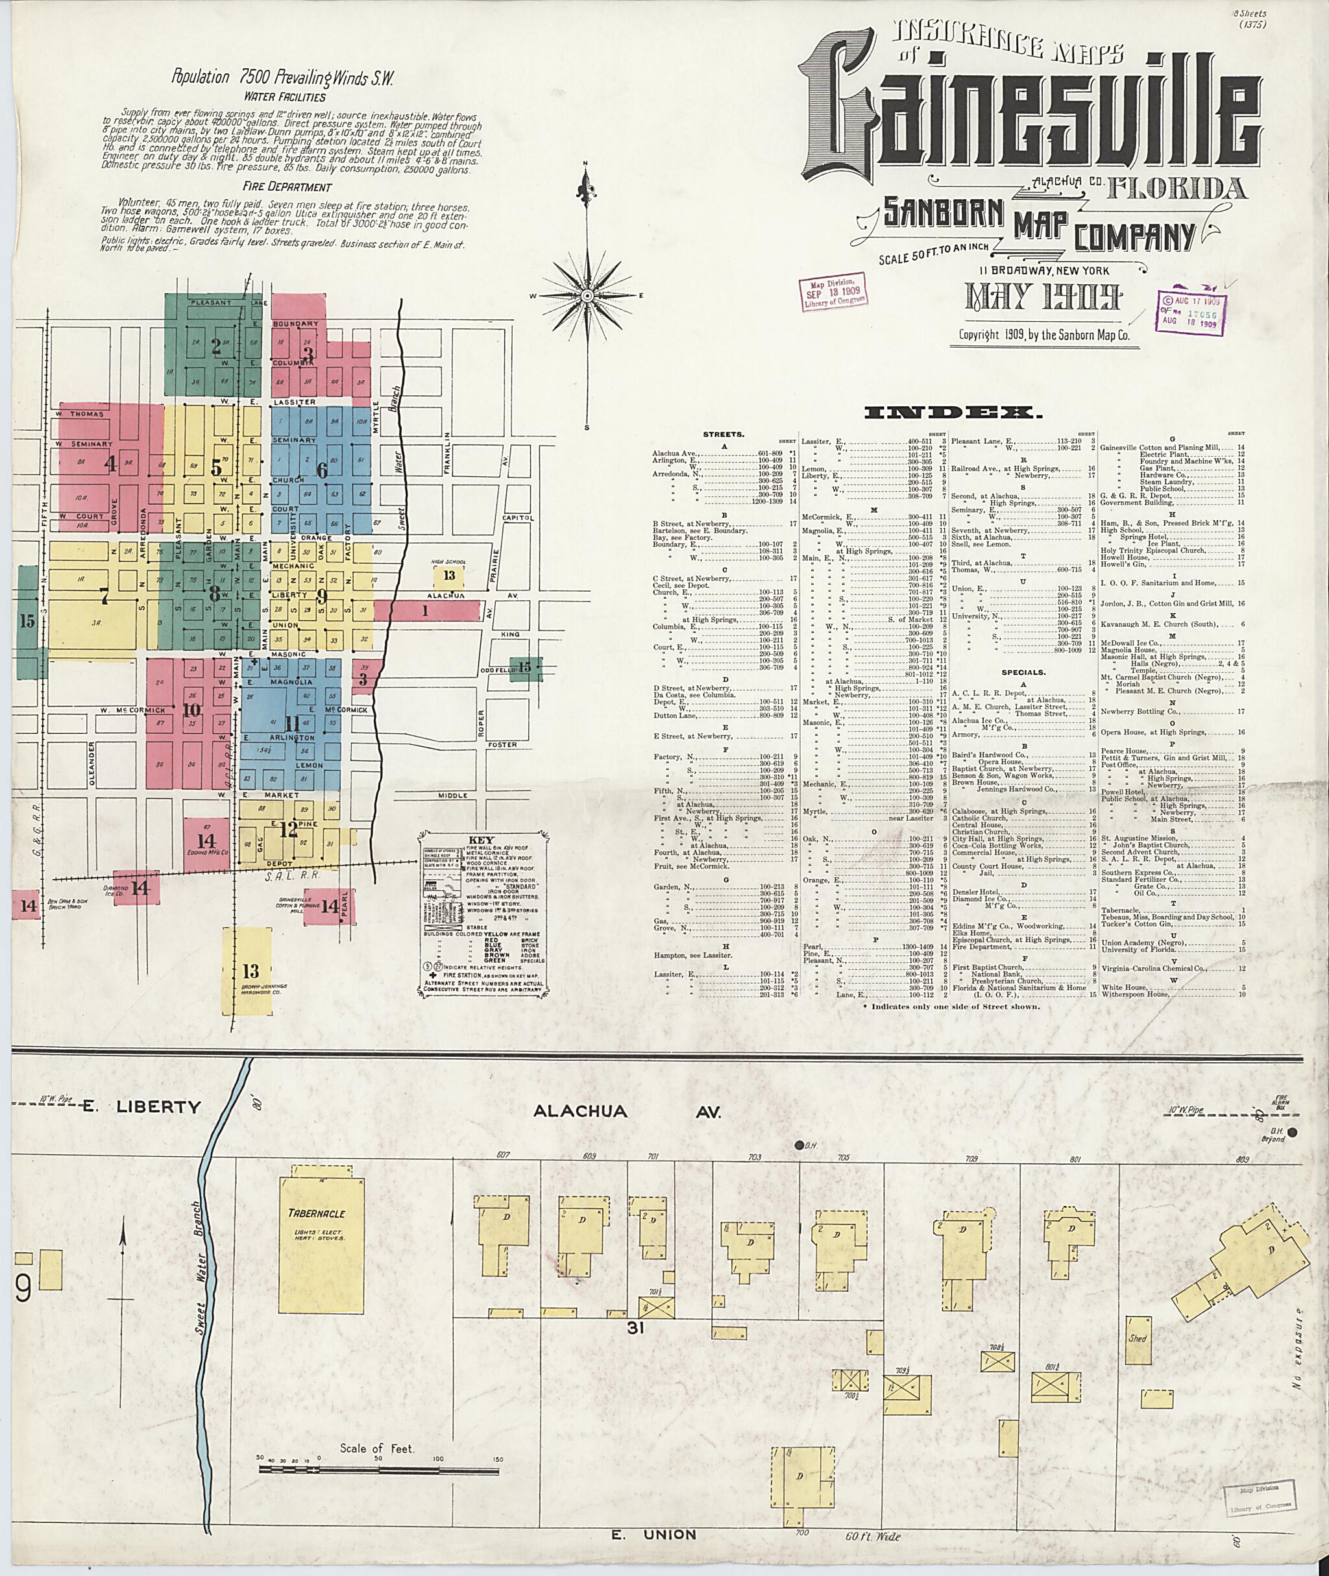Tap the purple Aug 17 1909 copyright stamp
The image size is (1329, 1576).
click(x=1190, y=312)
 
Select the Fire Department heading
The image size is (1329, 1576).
click(x=287, y=187)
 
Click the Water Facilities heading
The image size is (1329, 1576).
click(x=284, y=97)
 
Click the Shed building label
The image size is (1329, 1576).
click(x=1137, y=1339)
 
